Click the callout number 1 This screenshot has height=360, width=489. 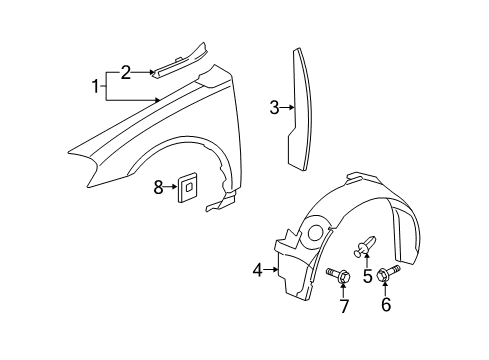[96, 87]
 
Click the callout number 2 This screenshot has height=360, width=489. [126, 71]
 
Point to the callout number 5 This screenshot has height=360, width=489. [367, 275]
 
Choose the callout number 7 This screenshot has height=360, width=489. [344, 304]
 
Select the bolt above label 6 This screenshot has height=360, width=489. [385, 271]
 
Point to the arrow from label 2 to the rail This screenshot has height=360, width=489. [145, 72]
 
